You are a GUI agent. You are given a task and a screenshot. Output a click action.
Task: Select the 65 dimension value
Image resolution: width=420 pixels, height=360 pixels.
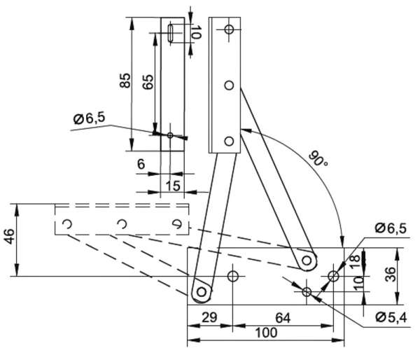pyautogui.click(x=148, y=81)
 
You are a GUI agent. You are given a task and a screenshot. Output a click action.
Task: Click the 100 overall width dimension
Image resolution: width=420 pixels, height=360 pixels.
pyautogui.click(x=266, y=334)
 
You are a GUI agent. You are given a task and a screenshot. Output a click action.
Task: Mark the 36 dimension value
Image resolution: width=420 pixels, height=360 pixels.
pyautogui.click(x=392, y=275)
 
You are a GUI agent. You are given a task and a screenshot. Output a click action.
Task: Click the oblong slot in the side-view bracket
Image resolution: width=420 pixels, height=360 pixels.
pyautogui.click(x=172, y=34)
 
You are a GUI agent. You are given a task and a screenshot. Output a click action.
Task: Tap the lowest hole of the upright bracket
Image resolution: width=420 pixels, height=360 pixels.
pyautogui.click(x=228, y=141)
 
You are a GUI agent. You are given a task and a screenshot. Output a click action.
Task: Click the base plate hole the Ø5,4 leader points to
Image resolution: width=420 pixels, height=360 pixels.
pyautogui.click(x=307, y=291)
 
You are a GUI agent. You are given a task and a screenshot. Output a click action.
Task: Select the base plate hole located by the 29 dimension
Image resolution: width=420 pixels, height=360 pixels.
pyautogui.click(x=233, y=276)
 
